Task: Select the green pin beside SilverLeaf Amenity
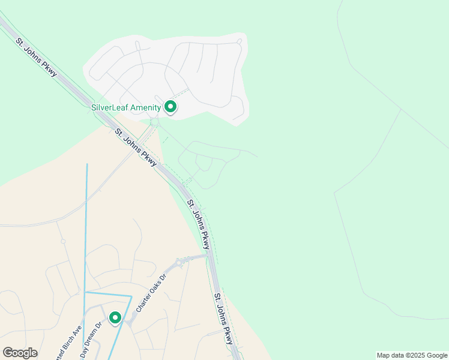tap(170, 107)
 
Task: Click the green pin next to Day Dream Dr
tap(115, 317)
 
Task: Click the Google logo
tap(20, 352)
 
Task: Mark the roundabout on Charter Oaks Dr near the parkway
tap(178, 262)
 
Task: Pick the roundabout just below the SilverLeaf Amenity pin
tap(155, 122)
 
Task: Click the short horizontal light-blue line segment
tap(108, 294)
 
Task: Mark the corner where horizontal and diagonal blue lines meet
tap(131, 296)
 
